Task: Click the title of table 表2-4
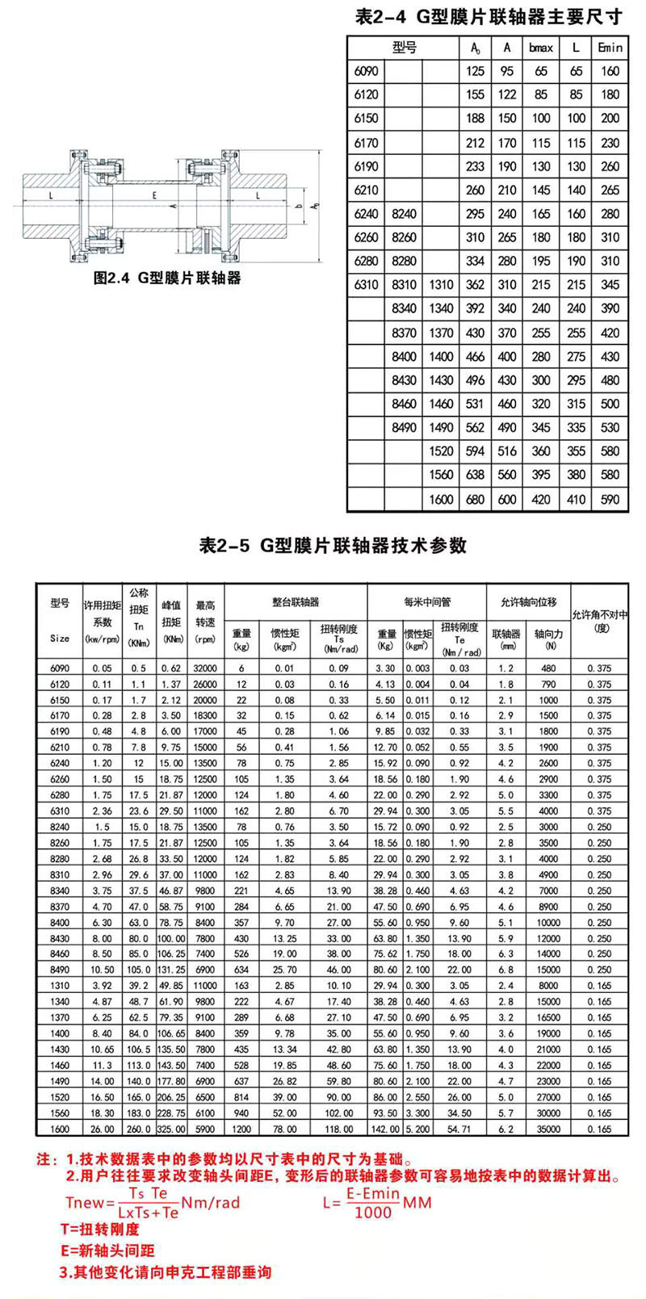point(489,16)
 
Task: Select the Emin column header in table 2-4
point(610,48)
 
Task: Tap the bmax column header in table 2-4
point(541,48)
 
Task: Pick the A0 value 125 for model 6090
point(476,71)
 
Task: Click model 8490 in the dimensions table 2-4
point(404,427)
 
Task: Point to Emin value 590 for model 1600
point(610,499)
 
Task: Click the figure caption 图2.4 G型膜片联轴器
point(167,279)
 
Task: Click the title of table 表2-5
point(333,546)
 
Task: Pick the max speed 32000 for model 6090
point(205,668)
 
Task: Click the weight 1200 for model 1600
point(241,1129)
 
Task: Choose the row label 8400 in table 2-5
point(60,922)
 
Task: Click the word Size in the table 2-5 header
point(60,638)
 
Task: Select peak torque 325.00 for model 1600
point(171,1129)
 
